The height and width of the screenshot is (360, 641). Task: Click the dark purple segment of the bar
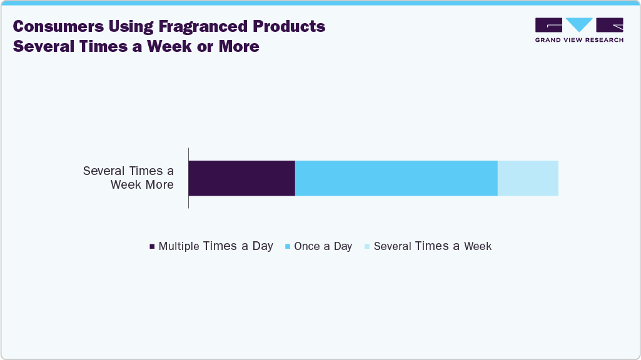241,178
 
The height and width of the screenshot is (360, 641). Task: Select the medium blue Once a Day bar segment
396,178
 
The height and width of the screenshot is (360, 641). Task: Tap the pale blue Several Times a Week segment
528,178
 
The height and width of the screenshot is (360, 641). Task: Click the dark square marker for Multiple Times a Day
152,247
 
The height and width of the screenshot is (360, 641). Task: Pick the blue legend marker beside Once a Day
287,247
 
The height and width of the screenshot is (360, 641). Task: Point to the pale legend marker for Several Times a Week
366,247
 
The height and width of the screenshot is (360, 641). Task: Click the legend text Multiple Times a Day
216,246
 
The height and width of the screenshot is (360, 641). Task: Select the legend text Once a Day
323,246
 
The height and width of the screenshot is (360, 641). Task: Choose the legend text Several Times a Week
432,246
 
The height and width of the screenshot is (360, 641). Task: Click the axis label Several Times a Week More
128,177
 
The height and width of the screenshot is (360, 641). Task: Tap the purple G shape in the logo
548,25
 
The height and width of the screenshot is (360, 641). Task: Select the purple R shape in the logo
610,25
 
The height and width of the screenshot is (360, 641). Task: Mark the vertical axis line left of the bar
188,178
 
